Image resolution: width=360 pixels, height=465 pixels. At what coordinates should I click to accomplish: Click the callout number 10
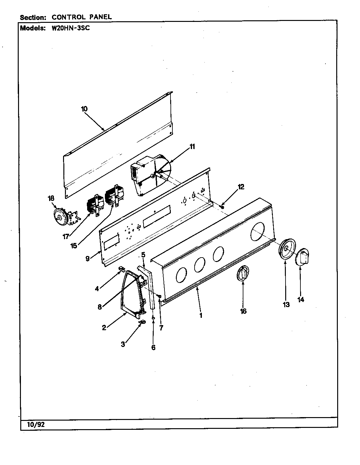click(x=84, y=109)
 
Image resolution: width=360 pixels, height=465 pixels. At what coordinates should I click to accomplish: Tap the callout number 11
click(x=192, y=147)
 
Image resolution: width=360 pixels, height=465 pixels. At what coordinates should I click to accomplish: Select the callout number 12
click(x=241, y=187)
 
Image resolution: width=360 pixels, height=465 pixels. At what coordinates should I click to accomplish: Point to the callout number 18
click(x=51, y=199)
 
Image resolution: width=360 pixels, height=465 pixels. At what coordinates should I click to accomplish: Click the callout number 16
click(x=243, y=311)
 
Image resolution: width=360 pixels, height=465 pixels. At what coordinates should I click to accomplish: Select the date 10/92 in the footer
click(x=36, y=424)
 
